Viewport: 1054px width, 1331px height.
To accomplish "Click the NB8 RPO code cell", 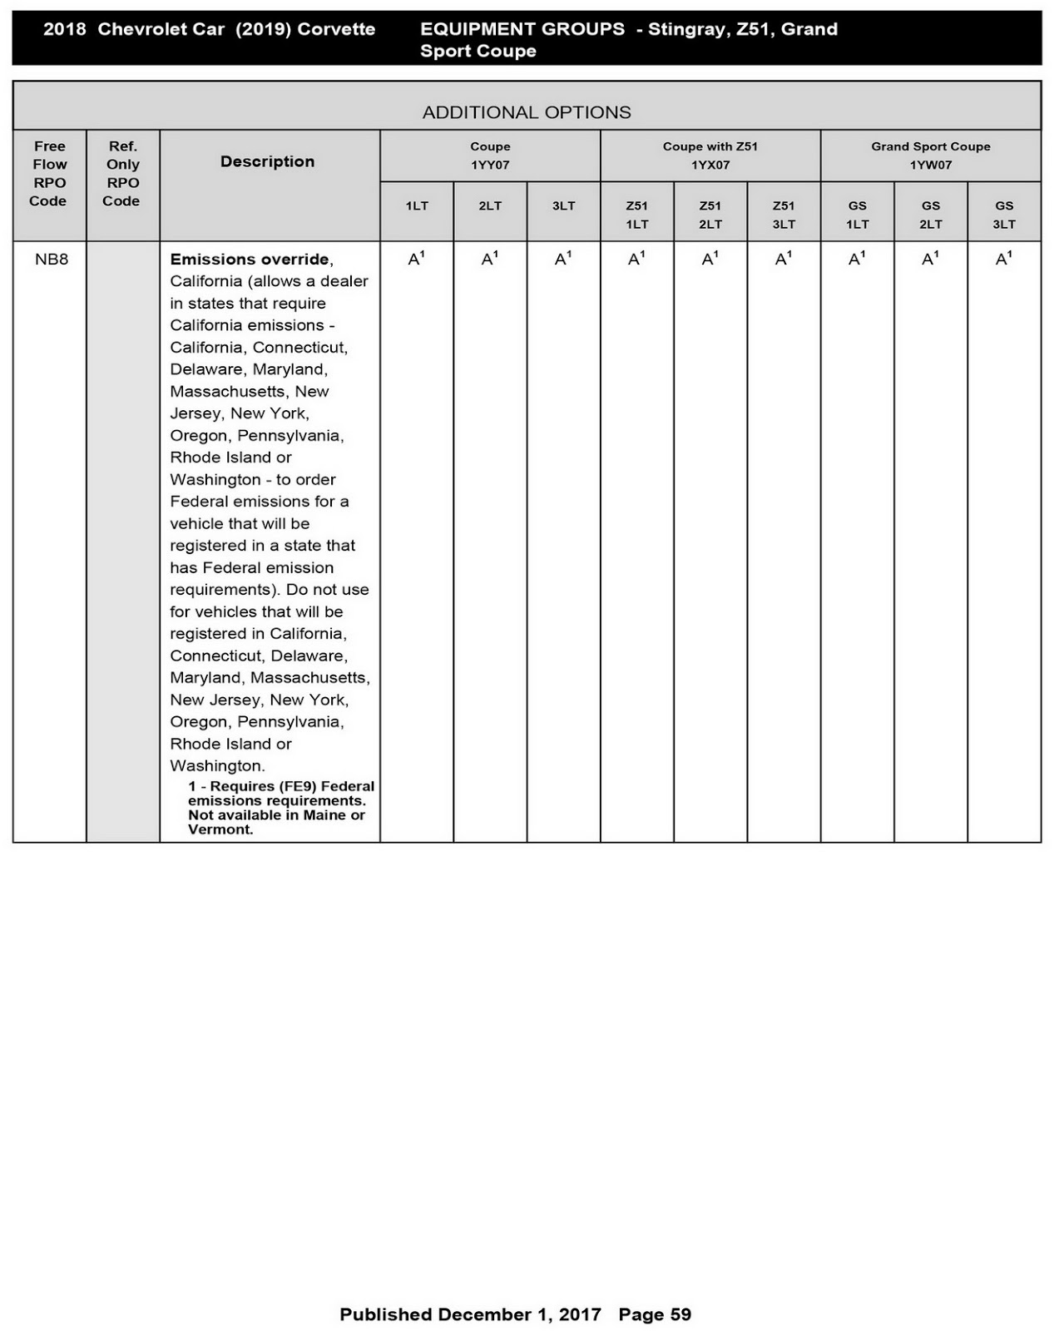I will point(51,260).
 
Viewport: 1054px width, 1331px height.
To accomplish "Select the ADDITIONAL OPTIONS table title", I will point(527,112).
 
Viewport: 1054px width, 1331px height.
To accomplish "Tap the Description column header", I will point(267,161).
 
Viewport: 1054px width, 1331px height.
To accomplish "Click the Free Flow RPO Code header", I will point(49,173).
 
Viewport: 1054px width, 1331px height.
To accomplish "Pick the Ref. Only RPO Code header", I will point(122,173).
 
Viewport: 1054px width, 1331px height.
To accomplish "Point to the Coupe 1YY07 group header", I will point(490,156).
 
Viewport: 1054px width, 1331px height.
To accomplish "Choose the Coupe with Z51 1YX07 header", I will point(710,156).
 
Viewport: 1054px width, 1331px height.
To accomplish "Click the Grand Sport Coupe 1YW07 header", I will point(930,156).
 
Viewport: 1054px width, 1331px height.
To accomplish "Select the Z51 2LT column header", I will point(710,215).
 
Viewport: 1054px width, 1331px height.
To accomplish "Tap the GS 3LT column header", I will point(1003,215).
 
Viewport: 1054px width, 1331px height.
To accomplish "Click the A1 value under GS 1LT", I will point(857,260).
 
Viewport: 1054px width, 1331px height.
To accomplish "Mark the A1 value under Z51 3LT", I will point(783,260).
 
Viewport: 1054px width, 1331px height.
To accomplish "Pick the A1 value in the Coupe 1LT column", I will point(416,260).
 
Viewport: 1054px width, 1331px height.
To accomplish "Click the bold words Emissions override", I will point(250,260).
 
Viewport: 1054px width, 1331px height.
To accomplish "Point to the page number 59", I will point(680,1314).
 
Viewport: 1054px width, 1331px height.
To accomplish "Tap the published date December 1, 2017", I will point(519,1314).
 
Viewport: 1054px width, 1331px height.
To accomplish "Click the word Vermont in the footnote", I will point(220,829).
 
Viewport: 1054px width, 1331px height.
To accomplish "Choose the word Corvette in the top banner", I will point(336,29).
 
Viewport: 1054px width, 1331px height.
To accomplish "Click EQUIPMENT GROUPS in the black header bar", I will point(522,29).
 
